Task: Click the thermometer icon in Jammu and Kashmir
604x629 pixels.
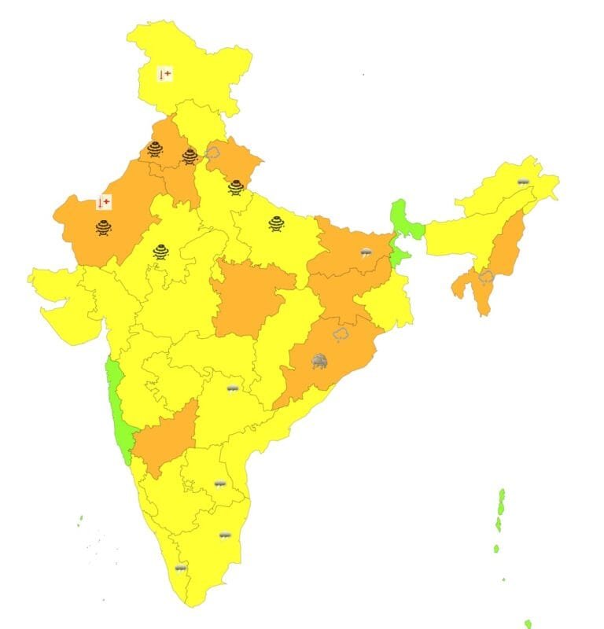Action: coord(165,75)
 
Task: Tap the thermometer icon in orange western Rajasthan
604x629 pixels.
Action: coord(103,203)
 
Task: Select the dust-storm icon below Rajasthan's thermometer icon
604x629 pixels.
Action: coord(104,228)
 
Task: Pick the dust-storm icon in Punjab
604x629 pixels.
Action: coord(156,149)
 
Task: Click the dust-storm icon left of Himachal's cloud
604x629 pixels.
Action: coord(190,156)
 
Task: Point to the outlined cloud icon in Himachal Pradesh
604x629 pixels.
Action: coord(212,151)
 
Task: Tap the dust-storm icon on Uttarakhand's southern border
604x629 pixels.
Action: coord(236,187)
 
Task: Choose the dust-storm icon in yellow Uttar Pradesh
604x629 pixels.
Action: coord(276,223)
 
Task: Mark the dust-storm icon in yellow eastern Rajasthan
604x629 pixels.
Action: coord(160,252)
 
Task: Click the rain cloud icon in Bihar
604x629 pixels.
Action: coord(366,252)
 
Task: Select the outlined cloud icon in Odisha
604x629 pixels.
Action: coord(341,335)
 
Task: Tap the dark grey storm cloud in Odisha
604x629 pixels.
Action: coord(319,361)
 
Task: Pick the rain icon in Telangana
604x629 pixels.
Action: coord(233,388)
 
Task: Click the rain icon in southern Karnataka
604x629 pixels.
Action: coord(220,484)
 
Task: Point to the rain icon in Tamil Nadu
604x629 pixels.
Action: coord(225,535)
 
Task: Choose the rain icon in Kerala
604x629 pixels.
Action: coord(181,567)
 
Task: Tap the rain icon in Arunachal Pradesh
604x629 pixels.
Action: coord(523,182)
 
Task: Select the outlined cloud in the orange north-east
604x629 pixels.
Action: coord(485,277)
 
